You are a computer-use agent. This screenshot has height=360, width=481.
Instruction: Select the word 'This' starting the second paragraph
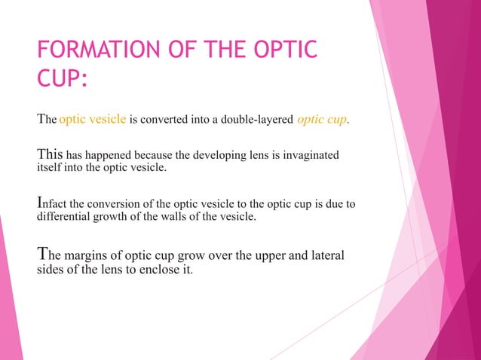(x=49, y=154)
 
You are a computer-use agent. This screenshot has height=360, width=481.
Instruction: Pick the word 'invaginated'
(x=310, y=155)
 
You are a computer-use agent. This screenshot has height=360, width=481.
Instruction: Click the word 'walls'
(x=177, y=218)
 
